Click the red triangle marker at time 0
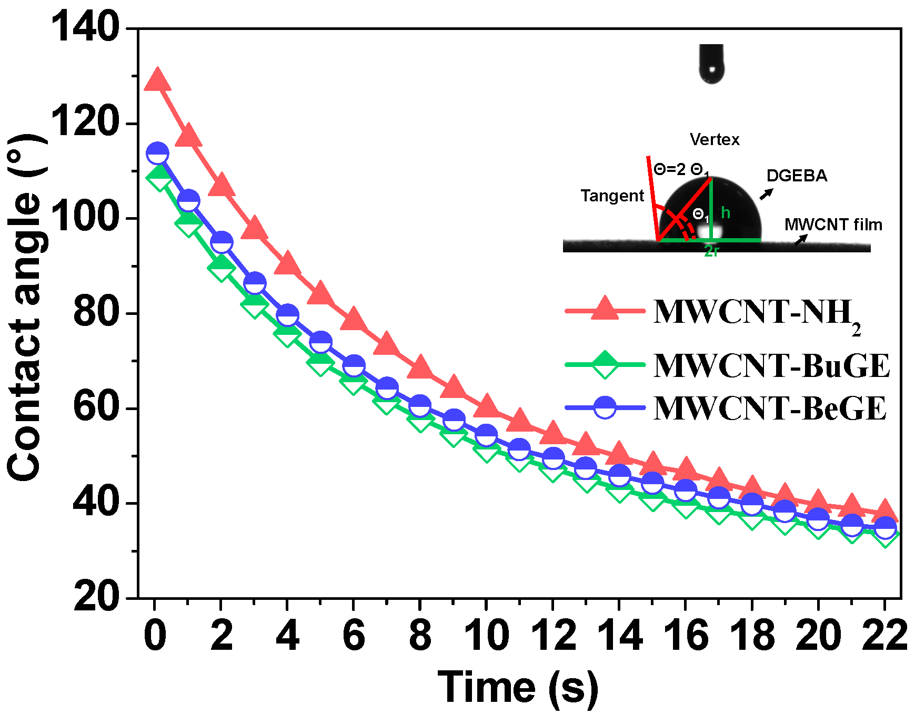point(157,80)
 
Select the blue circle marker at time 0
point(157,154)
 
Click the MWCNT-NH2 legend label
point(756,313)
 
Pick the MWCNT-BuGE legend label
point(771,365)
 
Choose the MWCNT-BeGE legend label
point(769,408)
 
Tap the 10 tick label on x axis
point(486,635)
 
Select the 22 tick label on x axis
point(884,635)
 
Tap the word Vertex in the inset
point(714,140)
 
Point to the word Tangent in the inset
point(612,196)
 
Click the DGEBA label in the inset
point(796,176)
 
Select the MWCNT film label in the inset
point(833,224)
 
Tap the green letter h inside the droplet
point(726,212)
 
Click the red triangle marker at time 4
point(287,264)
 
